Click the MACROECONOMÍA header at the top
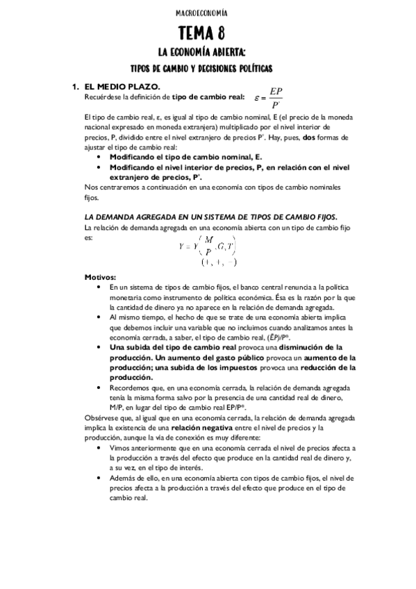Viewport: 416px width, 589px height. [208, 13]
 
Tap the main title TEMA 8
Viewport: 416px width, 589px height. [207, 32]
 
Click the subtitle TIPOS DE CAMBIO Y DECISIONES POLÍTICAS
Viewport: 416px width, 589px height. [207, 68]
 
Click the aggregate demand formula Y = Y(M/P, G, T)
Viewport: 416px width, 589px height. [208, 245]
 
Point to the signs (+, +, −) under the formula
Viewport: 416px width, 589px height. [219, 262]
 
